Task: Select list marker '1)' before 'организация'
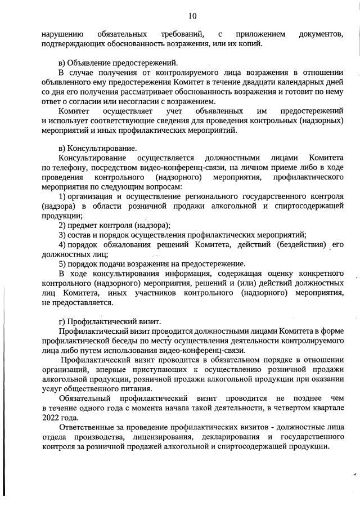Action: click(63, 196)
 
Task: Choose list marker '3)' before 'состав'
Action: click(63, 235)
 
